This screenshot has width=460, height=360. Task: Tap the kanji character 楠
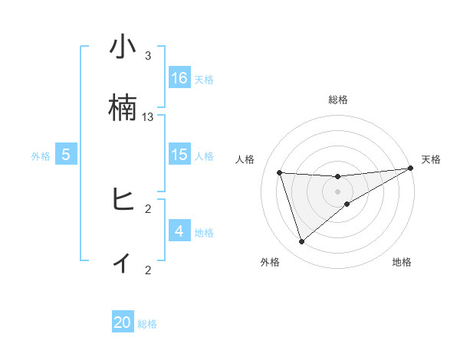coord(123,108)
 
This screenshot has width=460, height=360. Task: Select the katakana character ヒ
coord(123,200)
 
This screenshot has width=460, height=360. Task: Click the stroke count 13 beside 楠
coord(148,117)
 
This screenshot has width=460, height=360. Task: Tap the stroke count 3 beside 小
coord(148,56)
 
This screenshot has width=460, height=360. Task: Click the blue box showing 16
coord(179,78)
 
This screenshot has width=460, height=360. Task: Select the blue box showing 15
coord(179,155)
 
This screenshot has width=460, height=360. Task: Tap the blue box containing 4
coord(179,231)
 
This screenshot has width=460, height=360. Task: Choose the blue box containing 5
coord(66,155)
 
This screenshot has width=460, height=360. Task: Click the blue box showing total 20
coord(123,322)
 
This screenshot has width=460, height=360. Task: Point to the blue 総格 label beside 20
coord(147,324)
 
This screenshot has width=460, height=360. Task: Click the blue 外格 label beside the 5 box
coord(40,156)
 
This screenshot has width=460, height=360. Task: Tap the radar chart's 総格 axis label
coord(338,100)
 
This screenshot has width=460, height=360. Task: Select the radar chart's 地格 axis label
coord(402,263)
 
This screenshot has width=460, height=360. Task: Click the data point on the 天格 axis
coord(410,169)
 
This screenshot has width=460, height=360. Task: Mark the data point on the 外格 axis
coord(301,242)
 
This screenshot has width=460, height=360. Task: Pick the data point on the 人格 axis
coord(280,172)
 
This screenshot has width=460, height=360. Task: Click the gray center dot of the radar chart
coord(338,191)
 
